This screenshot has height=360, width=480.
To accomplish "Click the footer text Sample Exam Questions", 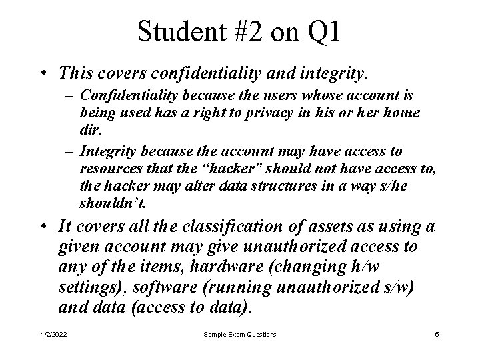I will click(239, 334).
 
